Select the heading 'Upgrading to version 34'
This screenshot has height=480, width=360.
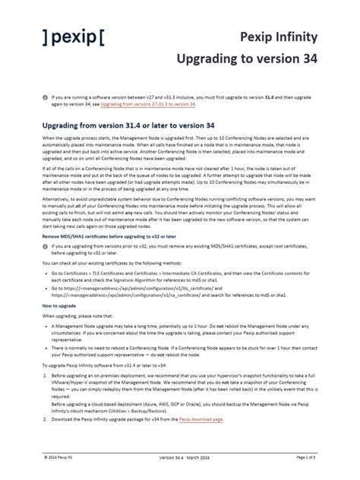[247, 58]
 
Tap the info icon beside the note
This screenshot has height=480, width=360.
[44, 97]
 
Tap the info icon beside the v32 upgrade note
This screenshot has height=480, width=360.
[44, 248]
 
